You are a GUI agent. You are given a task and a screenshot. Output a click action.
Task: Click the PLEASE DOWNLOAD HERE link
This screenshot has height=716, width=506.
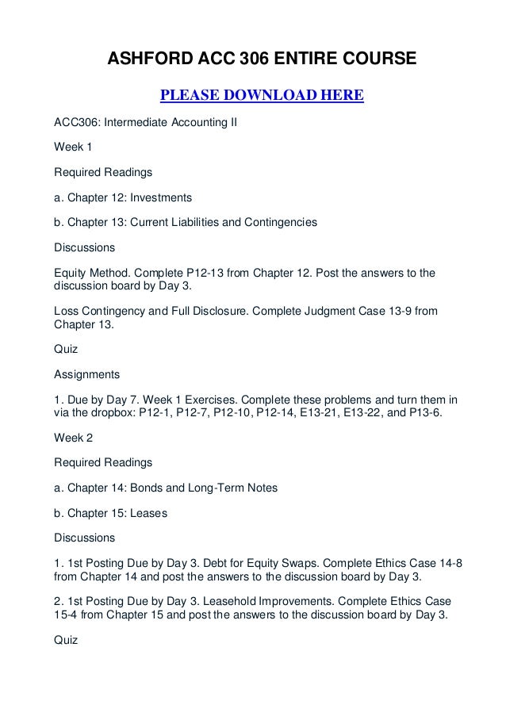[x=262, y=97]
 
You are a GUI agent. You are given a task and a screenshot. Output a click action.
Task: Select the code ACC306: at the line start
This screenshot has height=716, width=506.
[x=79, y=123]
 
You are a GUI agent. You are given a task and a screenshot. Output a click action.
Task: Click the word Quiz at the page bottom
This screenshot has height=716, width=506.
[x=66, y=640]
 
